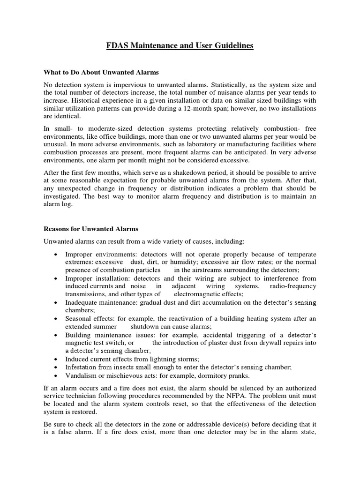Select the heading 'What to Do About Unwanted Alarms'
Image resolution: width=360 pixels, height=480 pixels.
[101, 73]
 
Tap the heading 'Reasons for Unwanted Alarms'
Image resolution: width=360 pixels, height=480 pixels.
[91, 229]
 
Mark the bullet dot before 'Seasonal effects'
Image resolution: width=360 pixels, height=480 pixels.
[56, 319]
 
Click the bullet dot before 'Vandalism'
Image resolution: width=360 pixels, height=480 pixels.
[56, 375]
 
